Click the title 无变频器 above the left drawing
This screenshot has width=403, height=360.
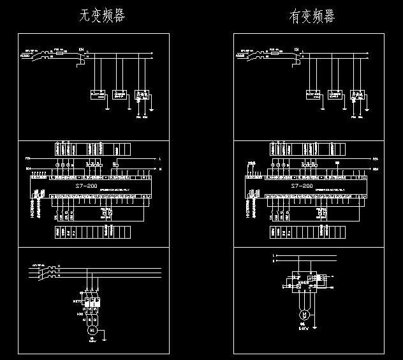tap(102, 16)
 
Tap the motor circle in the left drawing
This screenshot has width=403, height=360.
tap(92, 330)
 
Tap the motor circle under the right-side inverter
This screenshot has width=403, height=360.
tap(305, 315)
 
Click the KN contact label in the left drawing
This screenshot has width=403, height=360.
tap(81, 49)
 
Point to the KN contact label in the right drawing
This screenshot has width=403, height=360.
tap(297, 49)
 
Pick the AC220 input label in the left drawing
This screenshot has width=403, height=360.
tap(27, 55)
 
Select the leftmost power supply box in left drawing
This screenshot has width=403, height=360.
tap(98, 94)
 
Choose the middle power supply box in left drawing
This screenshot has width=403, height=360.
tap(119, 94)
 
